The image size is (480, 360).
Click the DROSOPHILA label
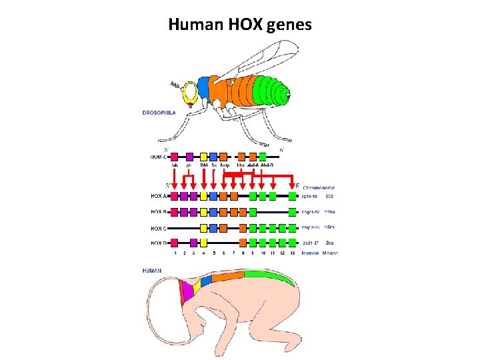pos(159,113)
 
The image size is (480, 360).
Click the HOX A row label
pos(159,196)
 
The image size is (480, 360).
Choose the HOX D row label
pos(159,243)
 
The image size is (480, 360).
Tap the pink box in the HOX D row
pos(175,243)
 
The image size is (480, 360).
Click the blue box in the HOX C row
pos(213,227)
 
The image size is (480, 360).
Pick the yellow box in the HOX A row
pos(203,196)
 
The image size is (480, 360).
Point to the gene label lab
pos(175,165)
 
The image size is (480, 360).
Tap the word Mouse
pos(328,253)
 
